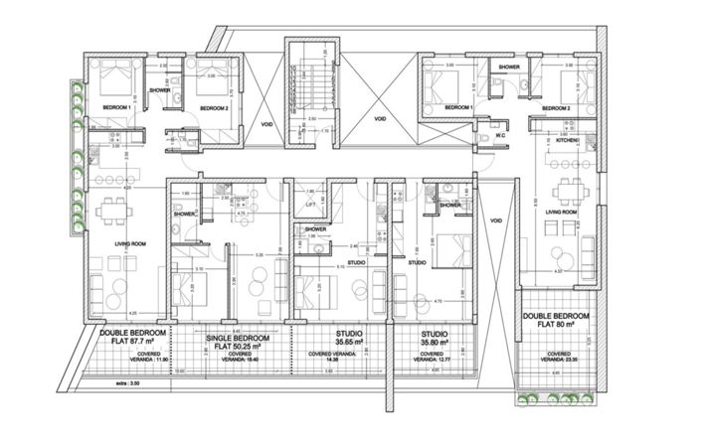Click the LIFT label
[x=310, y=203]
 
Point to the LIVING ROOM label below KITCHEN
[x=564, y=213]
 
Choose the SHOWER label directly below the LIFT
[x=316, y=228]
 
